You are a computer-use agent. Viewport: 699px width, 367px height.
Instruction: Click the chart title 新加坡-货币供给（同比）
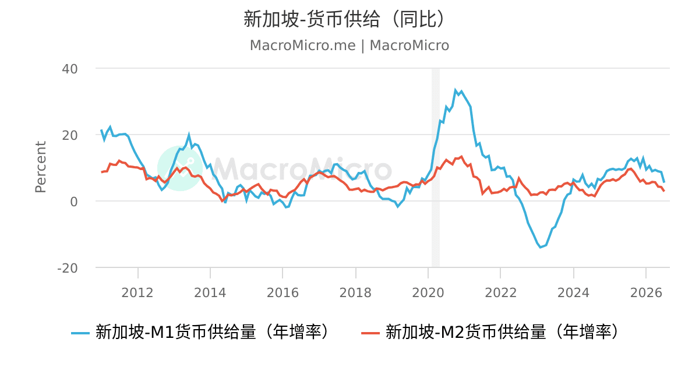pos(344,19)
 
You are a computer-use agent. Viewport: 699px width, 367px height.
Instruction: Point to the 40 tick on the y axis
pos(69,69)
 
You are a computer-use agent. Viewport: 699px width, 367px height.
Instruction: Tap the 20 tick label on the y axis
pos(69,135)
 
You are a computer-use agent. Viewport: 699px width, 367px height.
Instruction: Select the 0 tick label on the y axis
pos(73,202)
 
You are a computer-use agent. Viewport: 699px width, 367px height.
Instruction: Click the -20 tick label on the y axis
pos(68,269)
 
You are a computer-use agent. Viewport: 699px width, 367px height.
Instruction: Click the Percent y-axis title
pos(41,167)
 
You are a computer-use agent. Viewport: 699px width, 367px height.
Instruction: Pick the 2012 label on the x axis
pos(137,293)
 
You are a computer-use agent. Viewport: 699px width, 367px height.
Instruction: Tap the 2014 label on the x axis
pos(210,293)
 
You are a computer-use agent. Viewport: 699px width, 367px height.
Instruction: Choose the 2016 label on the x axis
pos(283,293)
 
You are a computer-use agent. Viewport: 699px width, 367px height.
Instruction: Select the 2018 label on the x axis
pos(355,293)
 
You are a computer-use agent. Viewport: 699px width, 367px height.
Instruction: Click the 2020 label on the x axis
pos(428,293)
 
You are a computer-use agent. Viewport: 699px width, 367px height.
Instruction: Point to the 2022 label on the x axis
pos(501,293)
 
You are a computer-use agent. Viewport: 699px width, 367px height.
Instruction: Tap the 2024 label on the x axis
pos(574,293)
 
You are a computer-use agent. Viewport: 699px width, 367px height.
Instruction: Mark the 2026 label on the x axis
pos(646,293)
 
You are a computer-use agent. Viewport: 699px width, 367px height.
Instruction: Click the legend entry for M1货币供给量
pos(200,331)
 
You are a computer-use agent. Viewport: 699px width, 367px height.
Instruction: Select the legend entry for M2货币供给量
pos(490,331)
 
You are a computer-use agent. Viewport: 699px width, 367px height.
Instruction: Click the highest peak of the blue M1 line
pos(456,90)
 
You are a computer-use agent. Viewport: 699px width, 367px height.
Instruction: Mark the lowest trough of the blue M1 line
pos(541,247)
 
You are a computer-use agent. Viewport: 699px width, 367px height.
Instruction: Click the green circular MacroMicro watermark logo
pos(180,168)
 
